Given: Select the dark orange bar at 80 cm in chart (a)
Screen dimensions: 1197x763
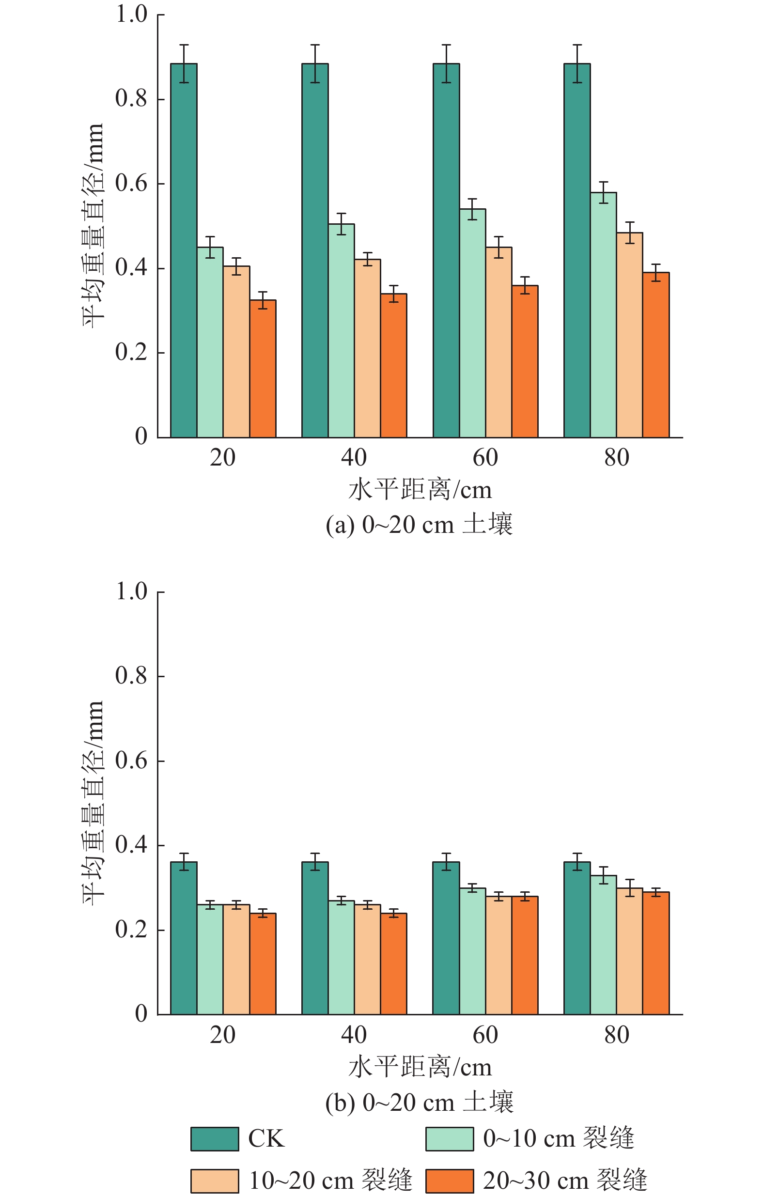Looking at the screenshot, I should pyautogui.click(x=655, y=355).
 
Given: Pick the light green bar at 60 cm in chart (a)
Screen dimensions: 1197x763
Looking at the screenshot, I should pyautogui.click(x=472, y=323).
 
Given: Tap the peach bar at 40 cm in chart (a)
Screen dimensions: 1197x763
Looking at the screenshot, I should pyautogui.click(x=367, y=348).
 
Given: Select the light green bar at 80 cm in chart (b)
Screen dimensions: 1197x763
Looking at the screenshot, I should pyautogui.click(x=603, y=945).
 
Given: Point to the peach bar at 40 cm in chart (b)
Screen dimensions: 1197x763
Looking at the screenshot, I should pyautogui.click(x=367, y=959).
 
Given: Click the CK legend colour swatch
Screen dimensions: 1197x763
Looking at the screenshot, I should pyautogui.click(x=214, y=1139).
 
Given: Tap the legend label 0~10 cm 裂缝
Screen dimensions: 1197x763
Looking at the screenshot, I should pyautogui.click(x=558, y=1139).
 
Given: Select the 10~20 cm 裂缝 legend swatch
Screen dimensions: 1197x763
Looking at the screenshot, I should pyautogui.click(x=214, y=1181).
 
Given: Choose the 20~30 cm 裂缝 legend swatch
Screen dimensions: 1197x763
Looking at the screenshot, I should pyautogui.click(x=450, y=1181).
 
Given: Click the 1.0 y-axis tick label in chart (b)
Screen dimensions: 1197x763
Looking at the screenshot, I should pyautogui.click(x=131, y=591).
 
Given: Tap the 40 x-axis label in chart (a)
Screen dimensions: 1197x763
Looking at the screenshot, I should pyautogui.click(x=354, y=458).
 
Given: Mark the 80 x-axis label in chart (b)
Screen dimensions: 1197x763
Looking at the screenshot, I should pyautogui.click(x=616, y=1035).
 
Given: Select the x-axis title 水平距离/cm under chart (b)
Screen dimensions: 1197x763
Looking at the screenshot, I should pyautogui.click(x=420, y=1067).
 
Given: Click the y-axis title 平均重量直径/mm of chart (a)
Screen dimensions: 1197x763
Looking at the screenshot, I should pyautogui.click(x=93, y=226).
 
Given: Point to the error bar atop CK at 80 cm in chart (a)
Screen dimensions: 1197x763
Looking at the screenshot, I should pyautogui.click(x=577, y=63).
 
